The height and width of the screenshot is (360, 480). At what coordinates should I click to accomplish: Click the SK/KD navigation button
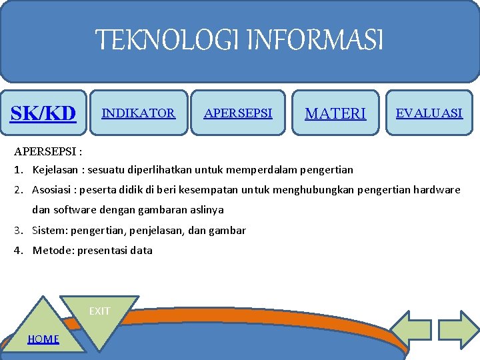coord(43,113)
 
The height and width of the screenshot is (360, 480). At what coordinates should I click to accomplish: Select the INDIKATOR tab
coord(138,113)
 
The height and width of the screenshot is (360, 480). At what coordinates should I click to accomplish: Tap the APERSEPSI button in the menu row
coord(238,113)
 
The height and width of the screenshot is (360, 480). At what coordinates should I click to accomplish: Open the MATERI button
coord(335,114)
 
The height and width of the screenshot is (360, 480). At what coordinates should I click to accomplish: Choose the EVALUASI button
coord(429,113)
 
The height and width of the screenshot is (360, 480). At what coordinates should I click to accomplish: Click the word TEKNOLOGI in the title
coord(169,41)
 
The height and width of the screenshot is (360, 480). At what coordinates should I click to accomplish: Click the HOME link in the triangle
coord(43,339)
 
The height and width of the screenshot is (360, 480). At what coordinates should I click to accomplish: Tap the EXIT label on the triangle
coord(100,311)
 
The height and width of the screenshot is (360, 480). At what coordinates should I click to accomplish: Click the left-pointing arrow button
coord(410,327)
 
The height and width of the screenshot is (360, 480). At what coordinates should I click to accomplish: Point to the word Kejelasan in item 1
coord(54,170)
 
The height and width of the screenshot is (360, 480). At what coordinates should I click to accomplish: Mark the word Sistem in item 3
coord(49,231)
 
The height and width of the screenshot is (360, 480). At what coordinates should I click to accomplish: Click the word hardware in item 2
coord(437,190)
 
